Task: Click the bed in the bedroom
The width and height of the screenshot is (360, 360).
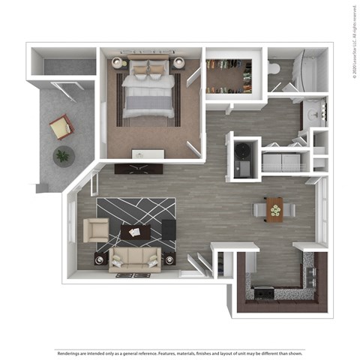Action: click(148, 94)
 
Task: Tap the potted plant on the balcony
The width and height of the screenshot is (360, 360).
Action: click(64, 156)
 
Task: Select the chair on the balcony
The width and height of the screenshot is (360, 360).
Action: click(61, 127)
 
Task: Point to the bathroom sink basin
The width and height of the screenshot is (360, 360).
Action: click(313, 115)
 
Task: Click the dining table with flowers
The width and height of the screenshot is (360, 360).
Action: click(275, 209)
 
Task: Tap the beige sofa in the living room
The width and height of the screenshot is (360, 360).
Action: click(135, 259)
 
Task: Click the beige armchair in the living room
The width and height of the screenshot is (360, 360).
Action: click(95, 229)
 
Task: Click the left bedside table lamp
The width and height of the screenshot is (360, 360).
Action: click(117, 64)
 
